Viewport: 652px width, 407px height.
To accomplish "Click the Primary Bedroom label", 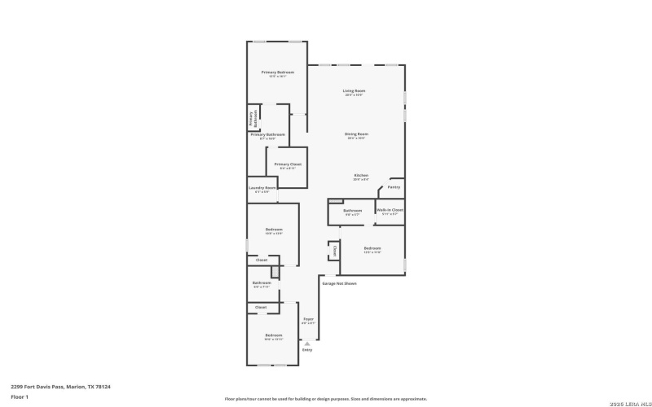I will (277, 72).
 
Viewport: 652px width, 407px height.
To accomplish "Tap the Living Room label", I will (354, 90).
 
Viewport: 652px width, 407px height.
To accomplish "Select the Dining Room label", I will (357, 133).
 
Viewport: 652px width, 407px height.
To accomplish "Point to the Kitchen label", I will (361, 176).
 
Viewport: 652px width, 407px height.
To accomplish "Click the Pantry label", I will (394, 187).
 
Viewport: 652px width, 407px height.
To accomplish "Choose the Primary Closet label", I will (288, 164).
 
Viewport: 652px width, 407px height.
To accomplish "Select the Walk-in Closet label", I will (390, 210).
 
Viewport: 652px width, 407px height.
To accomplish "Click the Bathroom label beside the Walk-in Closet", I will (352, 211).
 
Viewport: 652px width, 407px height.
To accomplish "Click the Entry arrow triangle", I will (307, 344).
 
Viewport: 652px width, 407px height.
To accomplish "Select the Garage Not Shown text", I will (339, 283).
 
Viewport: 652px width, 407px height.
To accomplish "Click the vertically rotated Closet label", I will (334, 251).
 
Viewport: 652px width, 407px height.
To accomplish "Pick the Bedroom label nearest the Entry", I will (273, 335).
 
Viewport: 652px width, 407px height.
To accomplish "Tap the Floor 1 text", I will (20, 396).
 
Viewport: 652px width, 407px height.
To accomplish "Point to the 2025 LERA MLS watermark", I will (625, 399).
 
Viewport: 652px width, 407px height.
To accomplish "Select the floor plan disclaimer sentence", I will (325, 399).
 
